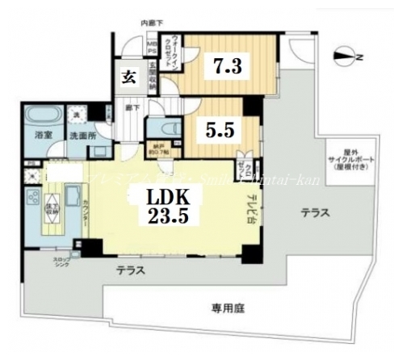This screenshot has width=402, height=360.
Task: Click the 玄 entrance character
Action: coord(128,77)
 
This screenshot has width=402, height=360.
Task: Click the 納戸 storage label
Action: coord(161,151)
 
